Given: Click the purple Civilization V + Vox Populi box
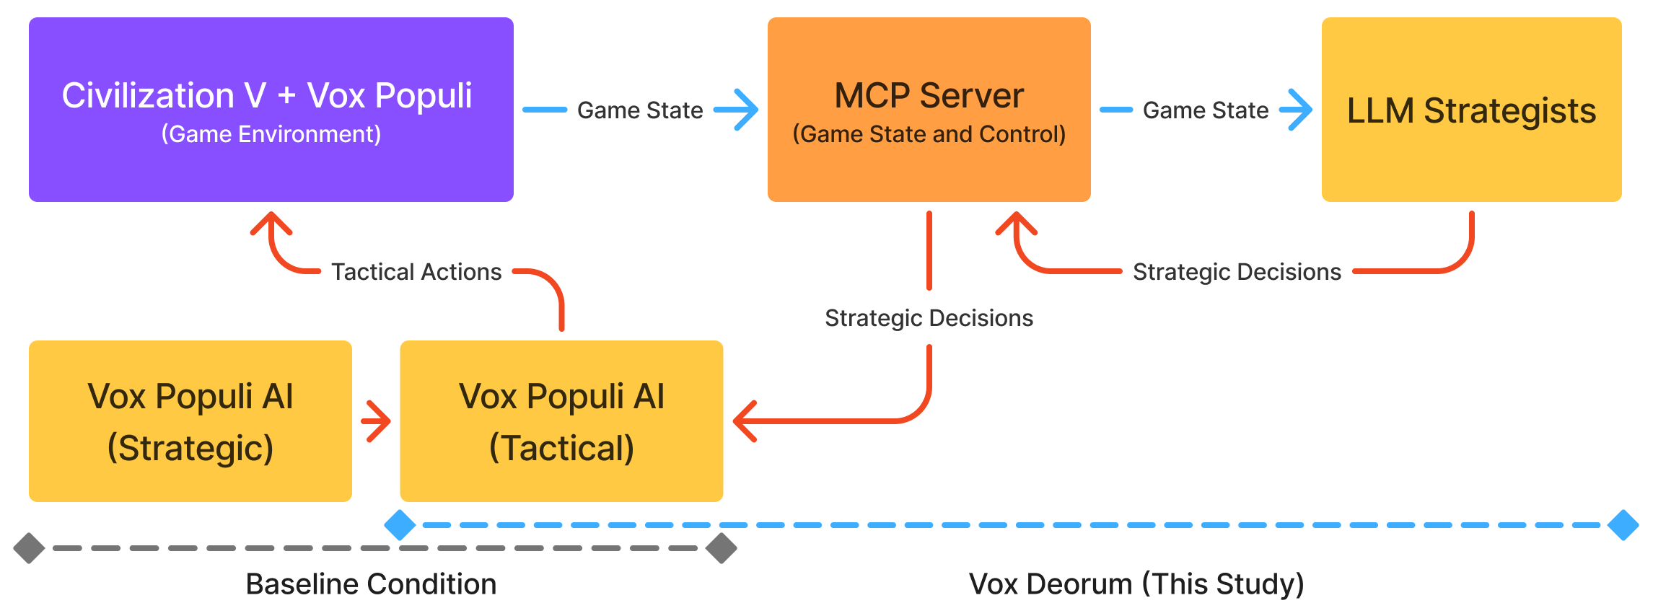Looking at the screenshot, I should click(271, 110).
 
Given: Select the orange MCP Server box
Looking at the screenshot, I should click(929, 110).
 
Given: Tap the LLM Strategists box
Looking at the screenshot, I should click(1470, 110).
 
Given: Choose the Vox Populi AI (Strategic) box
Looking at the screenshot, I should click(190, 421).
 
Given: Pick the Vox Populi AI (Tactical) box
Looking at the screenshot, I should click(561, 421).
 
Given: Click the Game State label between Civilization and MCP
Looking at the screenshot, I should click(639, 110).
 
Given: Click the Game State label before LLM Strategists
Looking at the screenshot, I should click(1205, 110).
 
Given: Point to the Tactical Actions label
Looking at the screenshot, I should click(416, 272).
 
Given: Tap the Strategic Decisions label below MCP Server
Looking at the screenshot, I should click(929, 318).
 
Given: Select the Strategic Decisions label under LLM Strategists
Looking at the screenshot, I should click(1236, 272).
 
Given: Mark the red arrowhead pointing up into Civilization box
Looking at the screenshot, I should click(271, 222).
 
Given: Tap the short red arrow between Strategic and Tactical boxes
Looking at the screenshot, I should click(377, 421).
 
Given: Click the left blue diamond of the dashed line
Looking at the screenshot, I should click(400, 525).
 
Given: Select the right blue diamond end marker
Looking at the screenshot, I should click(1623, 525).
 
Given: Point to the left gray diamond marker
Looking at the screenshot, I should click(29, 548).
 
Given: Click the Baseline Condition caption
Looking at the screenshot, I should click(371, 584).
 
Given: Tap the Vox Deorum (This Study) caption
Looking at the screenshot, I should click(1136, 584).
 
